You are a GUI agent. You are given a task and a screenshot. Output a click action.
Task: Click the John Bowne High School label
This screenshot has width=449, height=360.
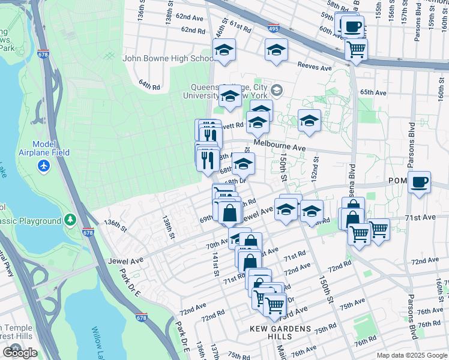[x=167, y=59]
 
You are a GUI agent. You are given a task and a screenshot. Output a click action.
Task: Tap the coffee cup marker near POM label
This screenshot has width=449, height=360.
[x=420, y=181]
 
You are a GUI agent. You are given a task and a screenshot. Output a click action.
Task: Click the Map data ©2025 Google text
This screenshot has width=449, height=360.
[x=411, y=355]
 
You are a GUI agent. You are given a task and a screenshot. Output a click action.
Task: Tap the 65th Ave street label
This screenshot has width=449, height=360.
[x=373, y=92]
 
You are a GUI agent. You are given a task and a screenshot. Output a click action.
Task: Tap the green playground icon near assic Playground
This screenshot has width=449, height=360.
[x=70, y=220]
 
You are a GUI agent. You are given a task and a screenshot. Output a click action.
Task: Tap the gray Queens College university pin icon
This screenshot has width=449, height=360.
[x=277, y=91]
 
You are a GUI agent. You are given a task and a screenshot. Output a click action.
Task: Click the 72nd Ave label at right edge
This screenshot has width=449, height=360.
[x=425, y=261]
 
